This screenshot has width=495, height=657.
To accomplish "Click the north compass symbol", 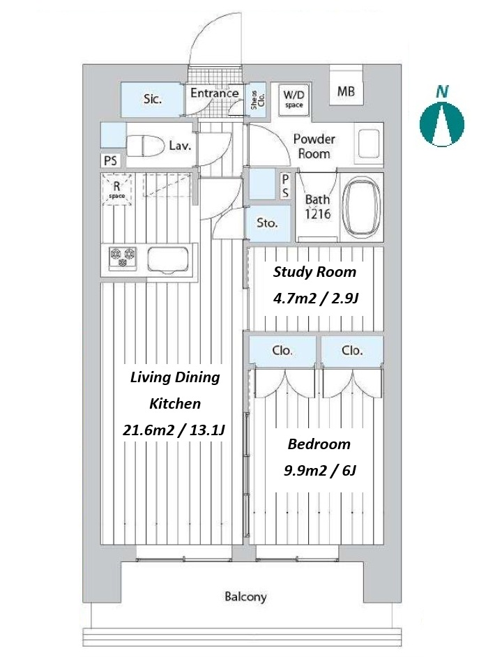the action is point(442,124).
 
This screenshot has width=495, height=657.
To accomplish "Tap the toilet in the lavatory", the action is point(146,145).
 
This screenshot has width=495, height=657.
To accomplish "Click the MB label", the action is point(346,91).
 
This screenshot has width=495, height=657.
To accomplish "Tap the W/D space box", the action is point(294,99).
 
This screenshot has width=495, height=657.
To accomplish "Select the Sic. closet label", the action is point(153,99).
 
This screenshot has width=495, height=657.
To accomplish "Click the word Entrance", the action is point(215,93).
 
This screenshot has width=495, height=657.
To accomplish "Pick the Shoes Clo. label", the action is point(257,100).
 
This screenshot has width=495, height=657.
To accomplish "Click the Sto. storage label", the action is point(267,223).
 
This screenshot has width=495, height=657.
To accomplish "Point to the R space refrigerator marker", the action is point(117,190).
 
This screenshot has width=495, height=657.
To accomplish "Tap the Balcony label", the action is point(245,596).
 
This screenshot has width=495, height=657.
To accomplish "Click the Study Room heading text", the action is point(314,272).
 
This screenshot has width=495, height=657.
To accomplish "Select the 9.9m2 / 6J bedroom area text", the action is point(320,471).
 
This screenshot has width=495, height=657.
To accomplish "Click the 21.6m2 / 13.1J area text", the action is point(174,430).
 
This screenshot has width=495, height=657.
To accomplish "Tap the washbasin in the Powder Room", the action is point(369,143).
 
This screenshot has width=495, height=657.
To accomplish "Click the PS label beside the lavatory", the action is point(110,160).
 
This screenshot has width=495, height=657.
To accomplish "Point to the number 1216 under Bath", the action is point(317,214).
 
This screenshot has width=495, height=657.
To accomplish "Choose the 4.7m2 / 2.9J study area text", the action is point(316,299).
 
